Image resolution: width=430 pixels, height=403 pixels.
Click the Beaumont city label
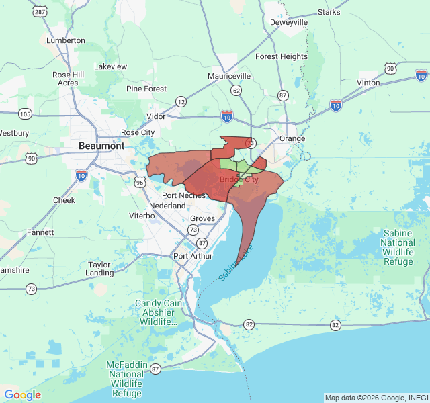101,146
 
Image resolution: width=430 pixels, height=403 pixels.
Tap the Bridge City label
239,179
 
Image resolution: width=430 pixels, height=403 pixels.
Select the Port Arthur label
193,256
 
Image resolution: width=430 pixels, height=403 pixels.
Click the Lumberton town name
66,40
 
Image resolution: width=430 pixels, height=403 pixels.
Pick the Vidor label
156,116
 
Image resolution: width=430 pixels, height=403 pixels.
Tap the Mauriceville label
229,76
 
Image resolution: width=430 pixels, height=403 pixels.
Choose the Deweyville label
289,22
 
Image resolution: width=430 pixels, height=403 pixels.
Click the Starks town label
329,12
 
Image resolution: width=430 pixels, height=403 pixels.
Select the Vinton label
368,83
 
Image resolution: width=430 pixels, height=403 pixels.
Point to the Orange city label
292,139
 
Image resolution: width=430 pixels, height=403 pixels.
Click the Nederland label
167,206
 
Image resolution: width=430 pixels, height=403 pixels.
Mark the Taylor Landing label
99,269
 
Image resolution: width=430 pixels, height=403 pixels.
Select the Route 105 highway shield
25,113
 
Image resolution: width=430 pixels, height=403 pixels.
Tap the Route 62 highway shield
235,89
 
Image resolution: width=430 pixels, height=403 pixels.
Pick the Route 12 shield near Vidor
181,101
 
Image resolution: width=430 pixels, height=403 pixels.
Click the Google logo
22,395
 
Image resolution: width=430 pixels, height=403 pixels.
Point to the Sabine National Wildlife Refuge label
398,247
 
